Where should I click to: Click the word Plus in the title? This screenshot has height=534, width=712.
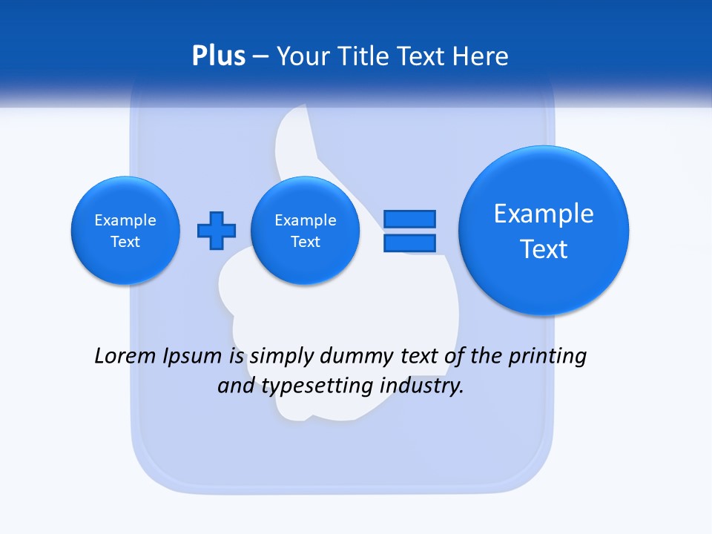pyautogui.click(x=218, y=56)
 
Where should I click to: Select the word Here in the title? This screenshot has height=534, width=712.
pyautogui.click(x=481, y=56)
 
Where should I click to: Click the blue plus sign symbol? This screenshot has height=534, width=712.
pyautogui.click(x=217, y=231)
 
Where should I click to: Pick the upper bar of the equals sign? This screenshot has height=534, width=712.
pyautogui.click(x=409, y=219)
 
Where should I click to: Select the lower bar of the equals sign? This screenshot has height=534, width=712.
pyautogui.click(x=409, y=243)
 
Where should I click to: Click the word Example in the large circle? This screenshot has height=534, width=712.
pyautogui.click(x=544, y=214)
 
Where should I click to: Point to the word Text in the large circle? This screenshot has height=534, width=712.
pyautogui.click(x=544, y=249)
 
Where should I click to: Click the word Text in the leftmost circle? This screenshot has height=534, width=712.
pyautogui.click(x=125, y=242)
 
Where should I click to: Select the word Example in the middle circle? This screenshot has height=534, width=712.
pyautogui.click(x=305, y=220)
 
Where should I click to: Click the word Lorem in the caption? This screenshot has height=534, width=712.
pyautogui.click(x=125, y=356)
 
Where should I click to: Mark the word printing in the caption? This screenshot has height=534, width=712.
pyautogui.click(x=547, y=356)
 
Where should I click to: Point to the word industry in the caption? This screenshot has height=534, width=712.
pyautogui.click(x=422, y=386)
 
